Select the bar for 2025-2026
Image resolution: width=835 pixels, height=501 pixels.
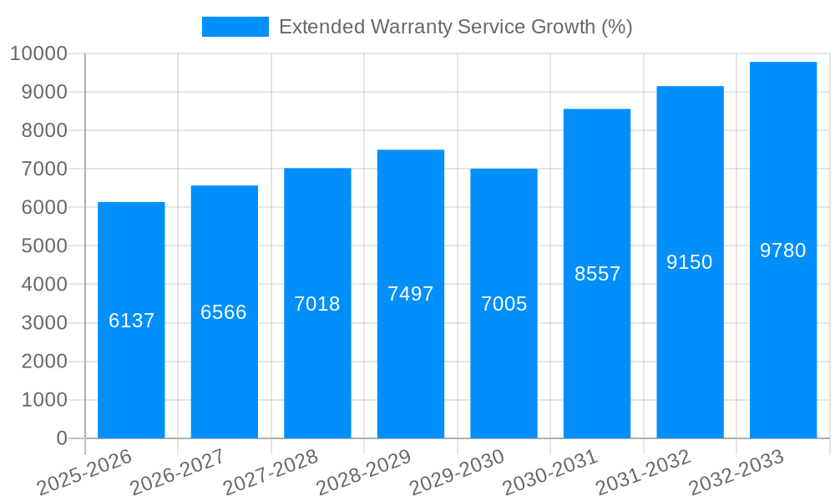click(131, 367)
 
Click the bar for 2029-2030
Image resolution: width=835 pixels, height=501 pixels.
click(504, 367)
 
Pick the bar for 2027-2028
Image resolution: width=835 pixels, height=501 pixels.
click(317, 367)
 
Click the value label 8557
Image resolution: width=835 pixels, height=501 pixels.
click(597, 274)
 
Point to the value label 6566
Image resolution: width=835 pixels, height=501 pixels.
click(224, 312)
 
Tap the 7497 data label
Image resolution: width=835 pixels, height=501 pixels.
click(411, 294)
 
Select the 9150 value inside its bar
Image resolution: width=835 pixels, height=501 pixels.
click(690, 262)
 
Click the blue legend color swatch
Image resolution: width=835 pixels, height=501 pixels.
click(235, 27)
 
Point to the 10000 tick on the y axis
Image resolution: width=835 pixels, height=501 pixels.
click(38, 53)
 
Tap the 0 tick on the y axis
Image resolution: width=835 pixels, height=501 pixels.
click(61, 438)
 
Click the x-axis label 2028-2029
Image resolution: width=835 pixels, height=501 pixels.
click(364, 471)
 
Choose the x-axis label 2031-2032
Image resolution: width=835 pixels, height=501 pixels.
click(644, 471)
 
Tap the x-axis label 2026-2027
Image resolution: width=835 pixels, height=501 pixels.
click(178, 471)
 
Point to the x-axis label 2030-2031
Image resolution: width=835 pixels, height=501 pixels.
click(550, 471)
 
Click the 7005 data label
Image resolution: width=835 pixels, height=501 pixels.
click(504, 304)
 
